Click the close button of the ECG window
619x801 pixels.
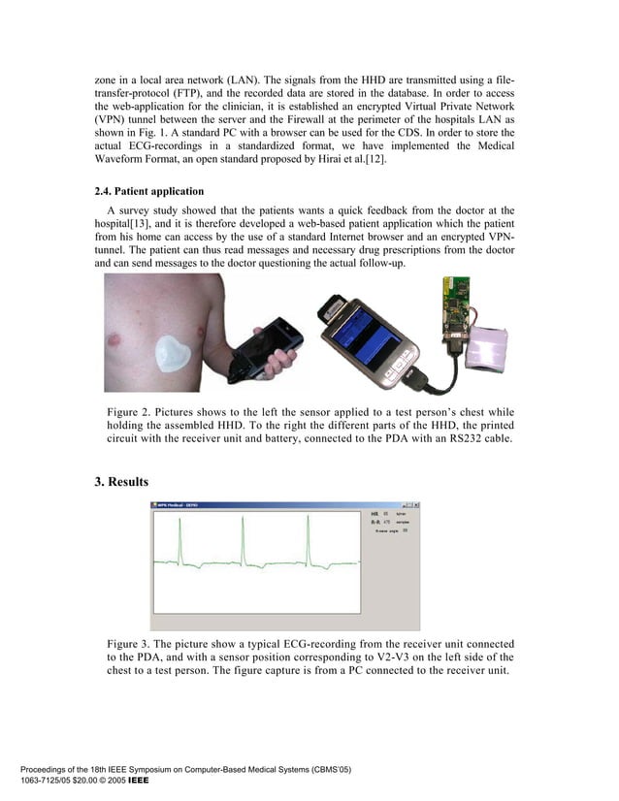416,505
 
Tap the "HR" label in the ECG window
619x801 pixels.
375,513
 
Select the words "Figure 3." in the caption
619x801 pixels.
132,644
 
